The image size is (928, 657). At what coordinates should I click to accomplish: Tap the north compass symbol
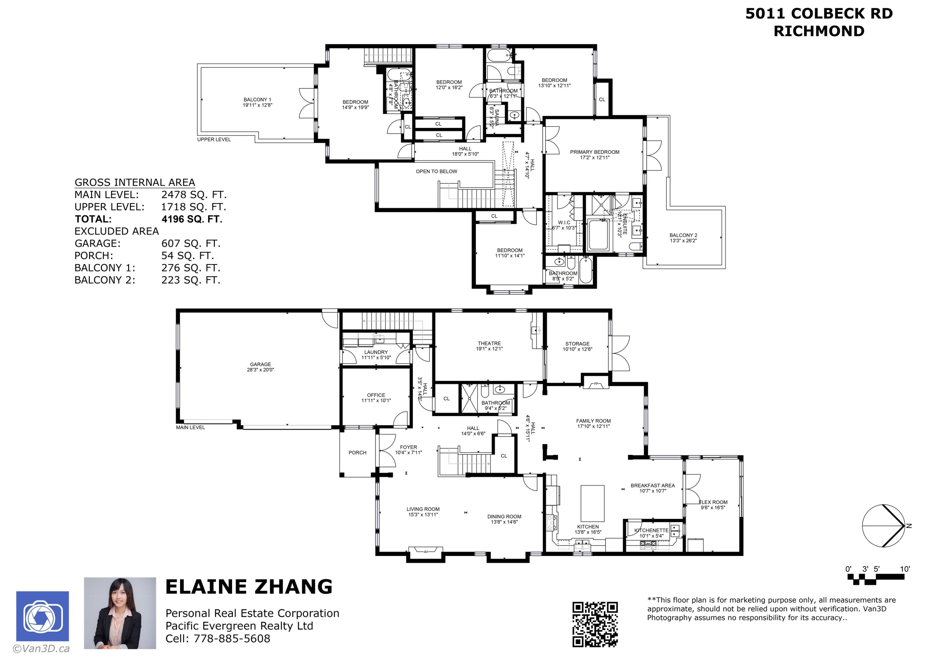[883, 526]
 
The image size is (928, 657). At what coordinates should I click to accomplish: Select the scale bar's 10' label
[905, 569]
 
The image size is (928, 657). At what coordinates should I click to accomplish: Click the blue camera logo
[42, 616]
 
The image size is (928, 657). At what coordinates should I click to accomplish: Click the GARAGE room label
[260, 365]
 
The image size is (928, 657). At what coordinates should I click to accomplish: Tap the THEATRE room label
[489, 343]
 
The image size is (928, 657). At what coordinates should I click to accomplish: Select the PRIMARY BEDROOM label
[595, 152]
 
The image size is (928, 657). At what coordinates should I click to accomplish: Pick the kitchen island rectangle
[592, 504]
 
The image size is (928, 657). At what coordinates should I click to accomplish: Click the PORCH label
[357, 453]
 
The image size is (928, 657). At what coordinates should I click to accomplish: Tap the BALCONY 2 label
[683, 235]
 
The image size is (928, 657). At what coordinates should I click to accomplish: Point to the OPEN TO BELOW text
[436, 172]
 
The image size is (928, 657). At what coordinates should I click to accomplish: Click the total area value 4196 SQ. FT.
[192, 219]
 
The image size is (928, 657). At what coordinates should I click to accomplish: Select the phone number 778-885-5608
[232, 638]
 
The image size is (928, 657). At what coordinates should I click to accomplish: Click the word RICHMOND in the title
[819, 31]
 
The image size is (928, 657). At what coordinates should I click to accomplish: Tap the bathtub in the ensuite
[598, 235]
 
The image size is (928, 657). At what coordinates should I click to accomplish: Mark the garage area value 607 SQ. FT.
[191, 244]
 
